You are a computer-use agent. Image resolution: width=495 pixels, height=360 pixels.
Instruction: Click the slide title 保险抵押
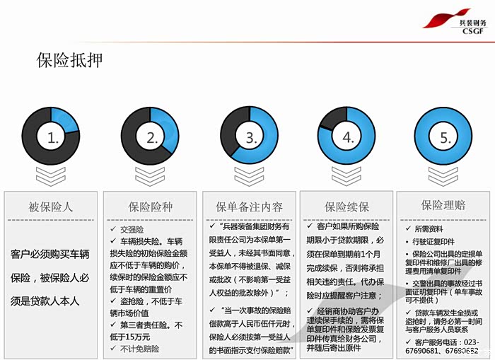69,60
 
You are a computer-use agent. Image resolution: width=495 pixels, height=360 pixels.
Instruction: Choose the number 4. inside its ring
347,138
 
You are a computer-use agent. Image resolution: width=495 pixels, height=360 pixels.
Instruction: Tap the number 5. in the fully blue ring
445,138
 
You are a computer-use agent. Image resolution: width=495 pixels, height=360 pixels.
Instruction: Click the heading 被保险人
51,207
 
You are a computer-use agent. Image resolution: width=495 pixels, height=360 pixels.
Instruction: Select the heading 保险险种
150,207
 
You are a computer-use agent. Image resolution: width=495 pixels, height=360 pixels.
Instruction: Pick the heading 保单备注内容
249,207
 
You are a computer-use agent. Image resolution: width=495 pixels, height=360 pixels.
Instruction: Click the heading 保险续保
346,207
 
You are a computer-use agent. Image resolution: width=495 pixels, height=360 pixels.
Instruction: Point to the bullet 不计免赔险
139,349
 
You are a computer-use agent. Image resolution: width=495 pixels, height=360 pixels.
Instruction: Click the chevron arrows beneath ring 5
445,177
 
